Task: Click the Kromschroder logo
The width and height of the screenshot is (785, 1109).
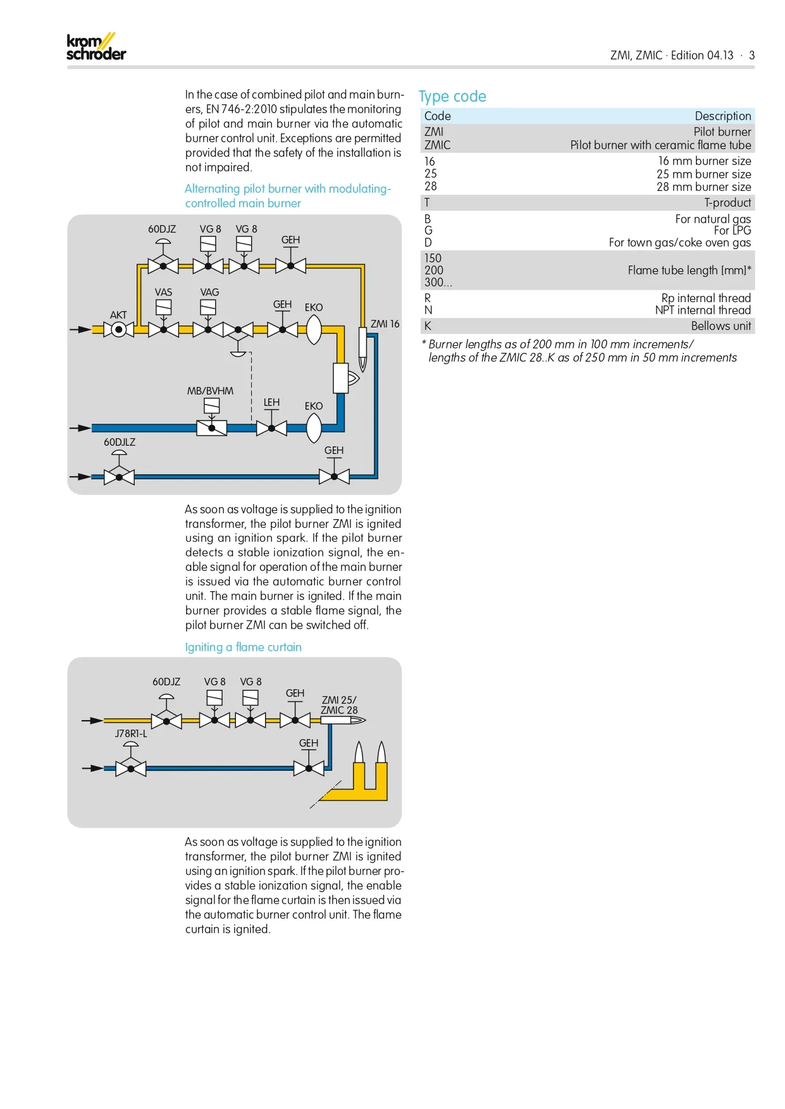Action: tap(96, 47)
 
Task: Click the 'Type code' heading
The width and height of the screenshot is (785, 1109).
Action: tap(452, 97)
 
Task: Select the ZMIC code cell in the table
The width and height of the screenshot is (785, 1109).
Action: tap(437, 145)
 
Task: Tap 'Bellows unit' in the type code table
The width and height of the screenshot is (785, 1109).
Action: tap(720, 326)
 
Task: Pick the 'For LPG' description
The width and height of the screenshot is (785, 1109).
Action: tap(732, 231)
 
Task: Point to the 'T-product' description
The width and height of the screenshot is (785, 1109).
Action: tap(727, 203)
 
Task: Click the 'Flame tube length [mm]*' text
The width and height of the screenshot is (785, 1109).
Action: tap(689, 271)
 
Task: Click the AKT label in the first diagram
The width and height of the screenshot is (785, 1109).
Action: tap(118, 315)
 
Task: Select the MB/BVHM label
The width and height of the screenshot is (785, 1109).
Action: tap(210, 391)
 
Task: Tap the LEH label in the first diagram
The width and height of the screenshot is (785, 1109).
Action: tap(271, 402)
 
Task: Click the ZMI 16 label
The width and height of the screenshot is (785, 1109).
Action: tap(385, 324)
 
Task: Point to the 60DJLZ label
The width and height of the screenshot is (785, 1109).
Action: tap(120, 442)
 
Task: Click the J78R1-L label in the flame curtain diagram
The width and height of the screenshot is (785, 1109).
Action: tap(130, 733)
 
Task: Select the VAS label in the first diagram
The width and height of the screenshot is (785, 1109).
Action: tap(163, 292)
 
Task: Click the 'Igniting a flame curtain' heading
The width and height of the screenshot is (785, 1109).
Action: tap(243, 647)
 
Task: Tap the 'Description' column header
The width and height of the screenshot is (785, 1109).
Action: tap(722, 116)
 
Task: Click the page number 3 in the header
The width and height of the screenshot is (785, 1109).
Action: tap(751, 56)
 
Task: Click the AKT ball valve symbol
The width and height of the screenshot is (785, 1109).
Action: tap(118, 329)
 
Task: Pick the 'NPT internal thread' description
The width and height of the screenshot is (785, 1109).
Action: tap(703, 310)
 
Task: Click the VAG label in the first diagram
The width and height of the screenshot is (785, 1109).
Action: tap(209, 292)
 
